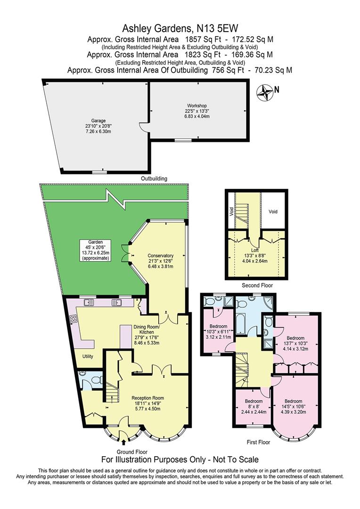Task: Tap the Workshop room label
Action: point(196,106)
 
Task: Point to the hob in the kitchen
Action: point(74,319)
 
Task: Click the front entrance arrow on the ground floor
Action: point(123,442)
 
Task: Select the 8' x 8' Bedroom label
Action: point(254,402)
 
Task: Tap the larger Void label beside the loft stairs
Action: point(273,212)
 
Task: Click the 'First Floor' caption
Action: point(258,443)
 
